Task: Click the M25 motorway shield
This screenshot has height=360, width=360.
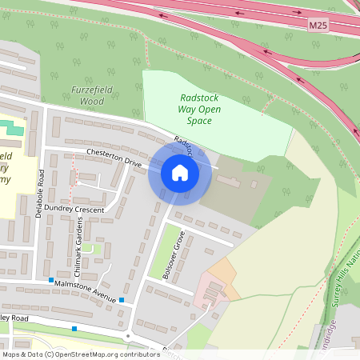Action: tap(318, 26)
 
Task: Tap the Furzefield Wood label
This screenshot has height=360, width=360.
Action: tap(86, 96)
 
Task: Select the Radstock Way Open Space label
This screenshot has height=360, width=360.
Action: tap(195, 110)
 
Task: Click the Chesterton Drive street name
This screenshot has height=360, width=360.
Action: tap(114, 157)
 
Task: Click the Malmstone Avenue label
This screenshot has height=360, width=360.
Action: tap(87, 289)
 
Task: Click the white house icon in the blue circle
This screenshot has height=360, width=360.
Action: tap(180, 173)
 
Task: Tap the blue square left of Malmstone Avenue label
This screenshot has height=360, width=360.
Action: tap(51, 281)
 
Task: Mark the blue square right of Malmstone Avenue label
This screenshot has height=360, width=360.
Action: tap(122, 300)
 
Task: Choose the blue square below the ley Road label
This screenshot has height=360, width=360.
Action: tap(74, 329)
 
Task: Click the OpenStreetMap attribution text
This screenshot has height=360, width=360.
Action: tap(81, 354)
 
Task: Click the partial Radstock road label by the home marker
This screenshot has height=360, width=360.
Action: tap(183, 144)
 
